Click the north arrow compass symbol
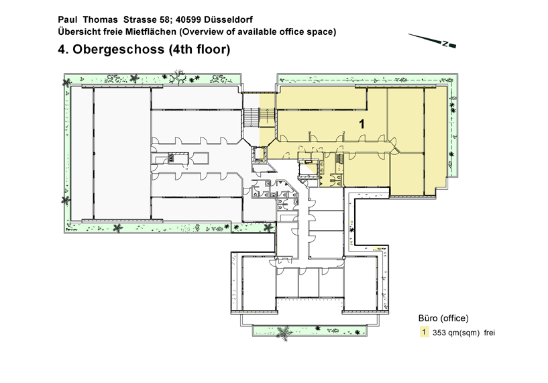[x=432, y=40]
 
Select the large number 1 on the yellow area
[x=362, y=123]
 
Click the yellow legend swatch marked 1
[x=424, y=331]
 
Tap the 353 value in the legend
[x=439, y=333]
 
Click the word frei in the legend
[x=489, y=333]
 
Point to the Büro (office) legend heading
[x=443, y=319]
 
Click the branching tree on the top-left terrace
[x=178, y=76]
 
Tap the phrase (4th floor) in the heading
[x=200, y=49]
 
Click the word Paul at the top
[x=68, y=19]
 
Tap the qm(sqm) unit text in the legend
[x=463, y=333]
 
